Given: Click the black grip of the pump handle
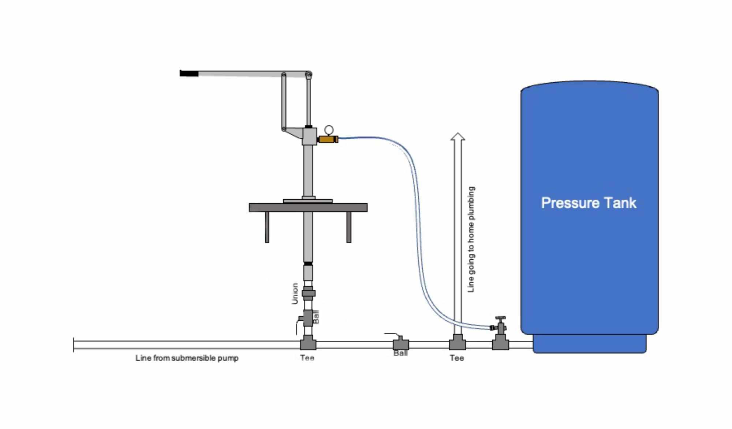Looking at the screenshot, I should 189,74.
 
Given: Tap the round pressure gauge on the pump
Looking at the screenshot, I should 329,130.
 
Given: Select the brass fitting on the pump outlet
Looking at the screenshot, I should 327,139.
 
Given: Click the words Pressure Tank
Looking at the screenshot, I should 589,203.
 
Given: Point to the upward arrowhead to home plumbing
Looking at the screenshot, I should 457,137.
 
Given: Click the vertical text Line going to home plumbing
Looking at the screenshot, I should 471,240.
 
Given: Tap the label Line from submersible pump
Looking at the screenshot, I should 187,358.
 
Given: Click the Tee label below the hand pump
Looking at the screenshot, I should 307,358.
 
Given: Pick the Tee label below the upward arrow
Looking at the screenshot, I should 457,358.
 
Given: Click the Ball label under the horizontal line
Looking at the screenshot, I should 400,353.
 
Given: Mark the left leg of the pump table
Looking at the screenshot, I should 267,227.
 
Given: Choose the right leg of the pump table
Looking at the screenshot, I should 349,227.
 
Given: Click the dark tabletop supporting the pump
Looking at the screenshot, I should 308,208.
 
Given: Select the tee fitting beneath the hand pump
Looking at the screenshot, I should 308,344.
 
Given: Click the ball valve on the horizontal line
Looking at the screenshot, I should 401,344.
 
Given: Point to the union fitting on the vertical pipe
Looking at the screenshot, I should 309,293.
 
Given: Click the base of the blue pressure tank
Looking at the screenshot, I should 589,344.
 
